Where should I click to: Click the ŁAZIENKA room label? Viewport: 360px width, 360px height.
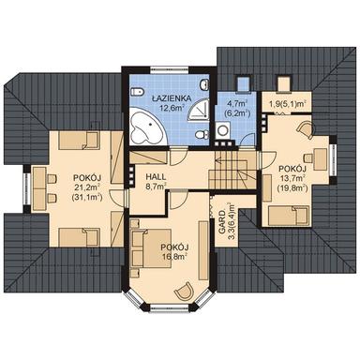tap(172, 98)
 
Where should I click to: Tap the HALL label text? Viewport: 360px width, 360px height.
tap(156, 177)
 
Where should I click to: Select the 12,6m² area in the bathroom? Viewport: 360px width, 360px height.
tap(172, 108)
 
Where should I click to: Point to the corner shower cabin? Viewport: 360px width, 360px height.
tap(199, 109)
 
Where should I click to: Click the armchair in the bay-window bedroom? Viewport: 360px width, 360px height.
tap(184, 291)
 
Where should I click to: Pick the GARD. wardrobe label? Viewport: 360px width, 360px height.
tap(222, 222)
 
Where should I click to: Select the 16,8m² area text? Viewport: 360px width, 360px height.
tap(174, 257)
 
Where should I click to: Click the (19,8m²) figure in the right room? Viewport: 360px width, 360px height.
tap(292, 188)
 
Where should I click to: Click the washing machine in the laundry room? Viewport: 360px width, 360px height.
tap(223, 130)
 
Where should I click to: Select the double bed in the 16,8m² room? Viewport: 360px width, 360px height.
tap(151, 248)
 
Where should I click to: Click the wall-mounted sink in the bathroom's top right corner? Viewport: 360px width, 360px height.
tap(205, 83)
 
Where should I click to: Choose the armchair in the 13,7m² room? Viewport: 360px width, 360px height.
tap(305, 130)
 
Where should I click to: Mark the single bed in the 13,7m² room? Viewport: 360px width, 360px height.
tap(288, 216)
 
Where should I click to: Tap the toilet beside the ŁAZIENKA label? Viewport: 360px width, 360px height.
tap(138, 92)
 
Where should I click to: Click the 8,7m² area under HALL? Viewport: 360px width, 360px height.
tap(156, 187)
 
